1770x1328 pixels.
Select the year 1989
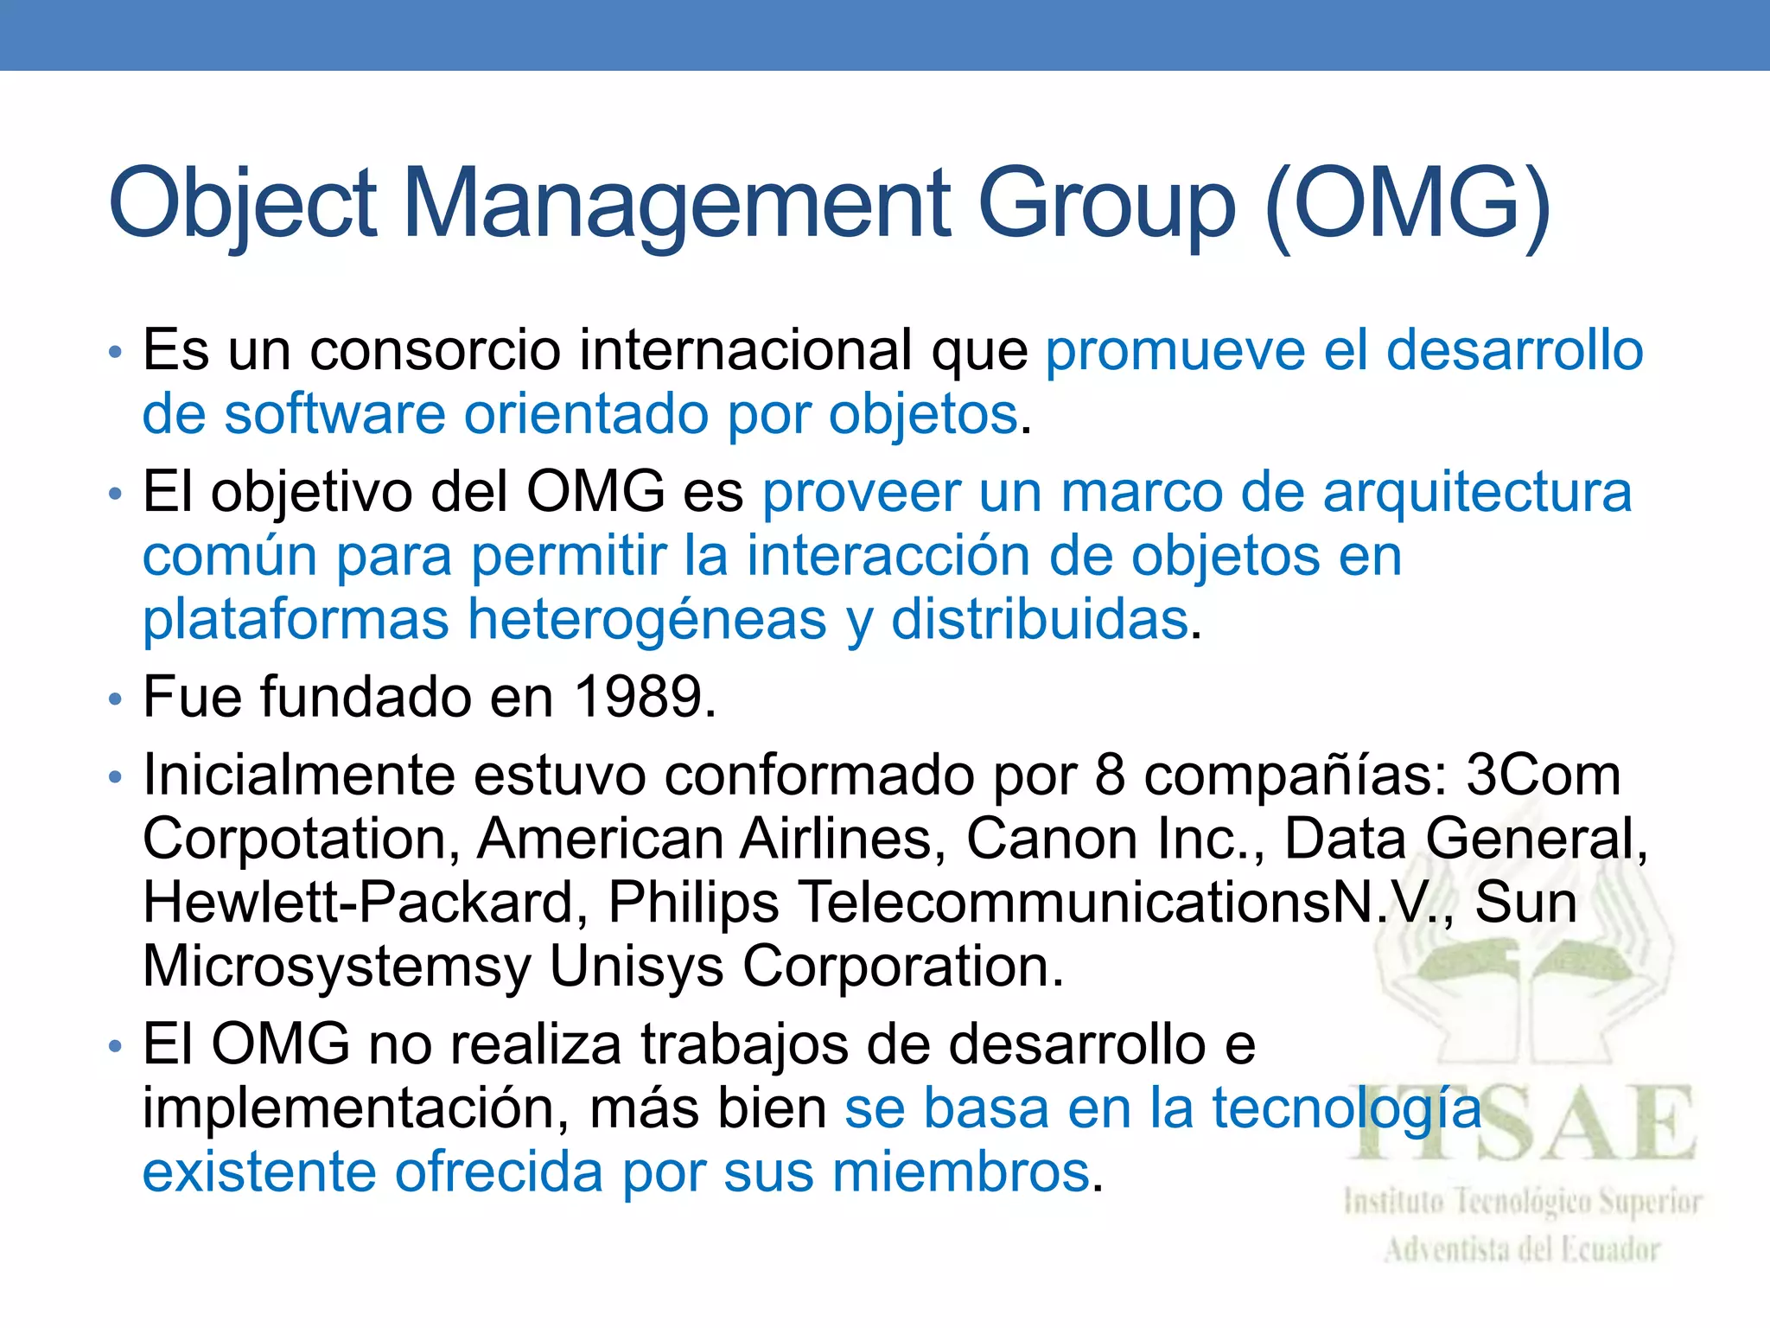pos(639,697)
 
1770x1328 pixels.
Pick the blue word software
pos(334,415)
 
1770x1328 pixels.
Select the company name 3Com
pos(1544,775)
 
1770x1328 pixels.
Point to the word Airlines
pos(844,839)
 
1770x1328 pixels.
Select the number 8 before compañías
pos(1111,775)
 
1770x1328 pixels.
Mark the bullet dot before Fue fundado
pos(116,699)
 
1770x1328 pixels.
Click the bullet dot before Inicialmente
pos(116,776)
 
